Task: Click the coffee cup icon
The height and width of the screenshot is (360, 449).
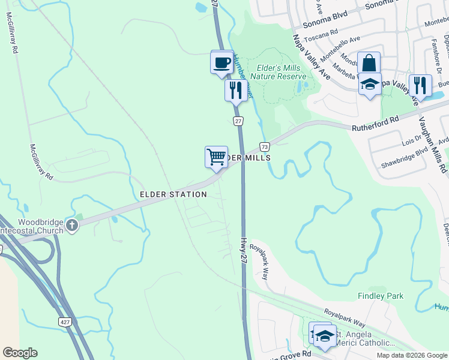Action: [x=221, y=62]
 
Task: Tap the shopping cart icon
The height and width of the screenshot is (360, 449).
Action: [x=216, y=157]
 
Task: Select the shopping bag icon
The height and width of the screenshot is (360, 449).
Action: [x=369, y=62]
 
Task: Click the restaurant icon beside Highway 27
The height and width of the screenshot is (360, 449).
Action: [x=236, y=91]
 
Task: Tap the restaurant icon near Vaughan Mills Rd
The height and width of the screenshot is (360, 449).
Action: [x=420, y=86]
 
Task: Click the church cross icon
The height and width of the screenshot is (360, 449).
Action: [x=71, y=226]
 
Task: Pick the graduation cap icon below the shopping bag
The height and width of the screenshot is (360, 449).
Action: [x=370, y=85]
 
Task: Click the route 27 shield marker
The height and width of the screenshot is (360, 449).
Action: [x=238, y=121]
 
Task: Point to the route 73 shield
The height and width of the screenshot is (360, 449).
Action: [x=264, y=146]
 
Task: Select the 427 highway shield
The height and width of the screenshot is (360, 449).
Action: [x=66, y=322]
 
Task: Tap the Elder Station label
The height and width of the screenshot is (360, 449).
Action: [x=173, y=194]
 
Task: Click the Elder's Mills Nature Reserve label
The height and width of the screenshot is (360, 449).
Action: [x=278, y=72]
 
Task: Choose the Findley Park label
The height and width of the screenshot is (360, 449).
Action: [x=381, y=296]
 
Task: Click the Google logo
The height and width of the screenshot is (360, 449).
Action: [x=20, y=353]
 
